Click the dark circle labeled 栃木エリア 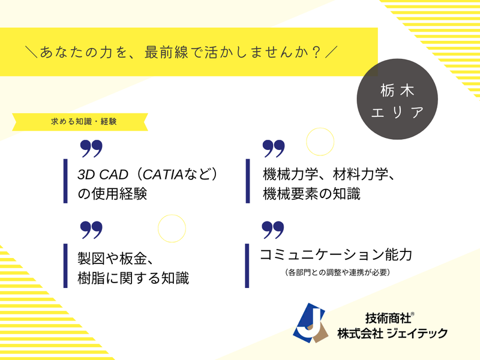397,99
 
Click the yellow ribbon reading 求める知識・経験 80,122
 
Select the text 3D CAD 103,175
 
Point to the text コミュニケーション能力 336,254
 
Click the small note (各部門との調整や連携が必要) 337,272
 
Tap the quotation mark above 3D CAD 91,149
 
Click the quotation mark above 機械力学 274,149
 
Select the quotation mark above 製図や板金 91,230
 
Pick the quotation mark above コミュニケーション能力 273,230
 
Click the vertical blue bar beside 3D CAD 65,181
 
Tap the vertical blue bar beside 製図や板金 65,266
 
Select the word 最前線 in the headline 166,52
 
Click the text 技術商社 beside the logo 388,319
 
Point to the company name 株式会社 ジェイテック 392,334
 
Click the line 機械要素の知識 311,194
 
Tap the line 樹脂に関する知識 133,278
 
